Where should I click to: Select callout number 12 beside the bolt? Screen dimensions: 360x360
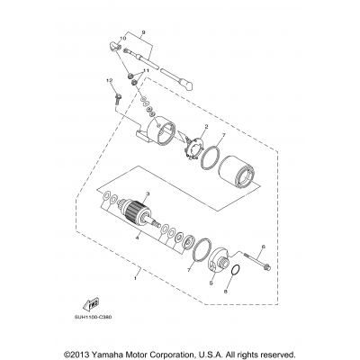click(111, 82)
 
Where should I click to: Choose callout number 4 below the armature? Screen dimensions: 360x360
click(135, 238)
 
